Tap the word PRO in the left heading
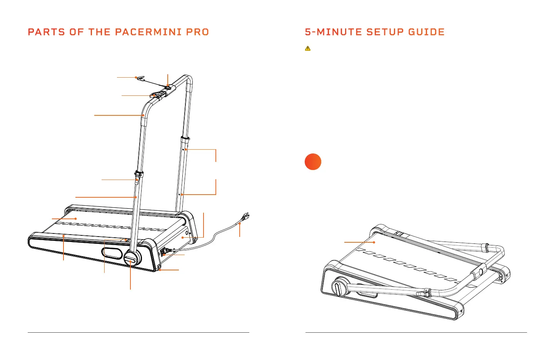(x=198, y=32)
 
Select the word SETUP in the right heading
(x=385, y=32)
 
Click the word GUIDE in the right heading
(x=426, y=32)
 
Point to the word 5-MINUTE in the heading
(x=334, y=32)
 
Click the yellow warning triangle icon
(x=308, y=48)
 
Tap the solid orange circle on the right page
(x=313, y=162)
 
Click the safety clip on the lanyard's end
(x=140, y=79)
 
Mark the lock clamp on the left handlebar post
(x=138, y=176)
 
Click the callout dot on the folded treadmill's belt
(x=374, y=242)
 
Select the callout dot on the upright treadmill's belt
(x=76, y=218)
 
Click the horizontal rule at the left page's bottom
(x=138, y=332)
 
